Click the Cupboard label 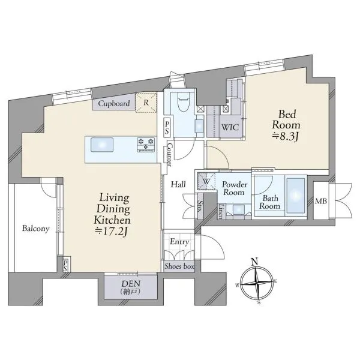[114, 104]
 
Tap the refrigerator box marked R [146, 103]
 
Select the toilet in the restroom [184, 103]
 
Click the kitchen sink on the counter [102, 145]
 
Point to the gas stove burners [146, 145]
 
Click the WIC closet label [230, 128]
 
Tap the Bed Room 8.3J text [286, 125]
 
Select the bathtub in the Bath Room [296, 196]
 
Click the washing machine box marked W [206, 181]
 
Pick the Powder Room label [235, 188]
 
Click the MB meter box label [321, 202]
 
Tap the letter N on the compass [254, 262]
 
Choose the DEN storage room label [130, 287]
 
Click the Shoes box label [179, 266]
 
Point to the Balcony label [36, 229]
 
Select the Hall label [178, 184]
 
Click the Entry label [179, 242]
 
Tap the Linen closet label [221, 211]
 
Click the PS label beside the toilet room [167, 128]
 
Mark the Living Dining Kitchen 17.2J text [112, 214]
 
